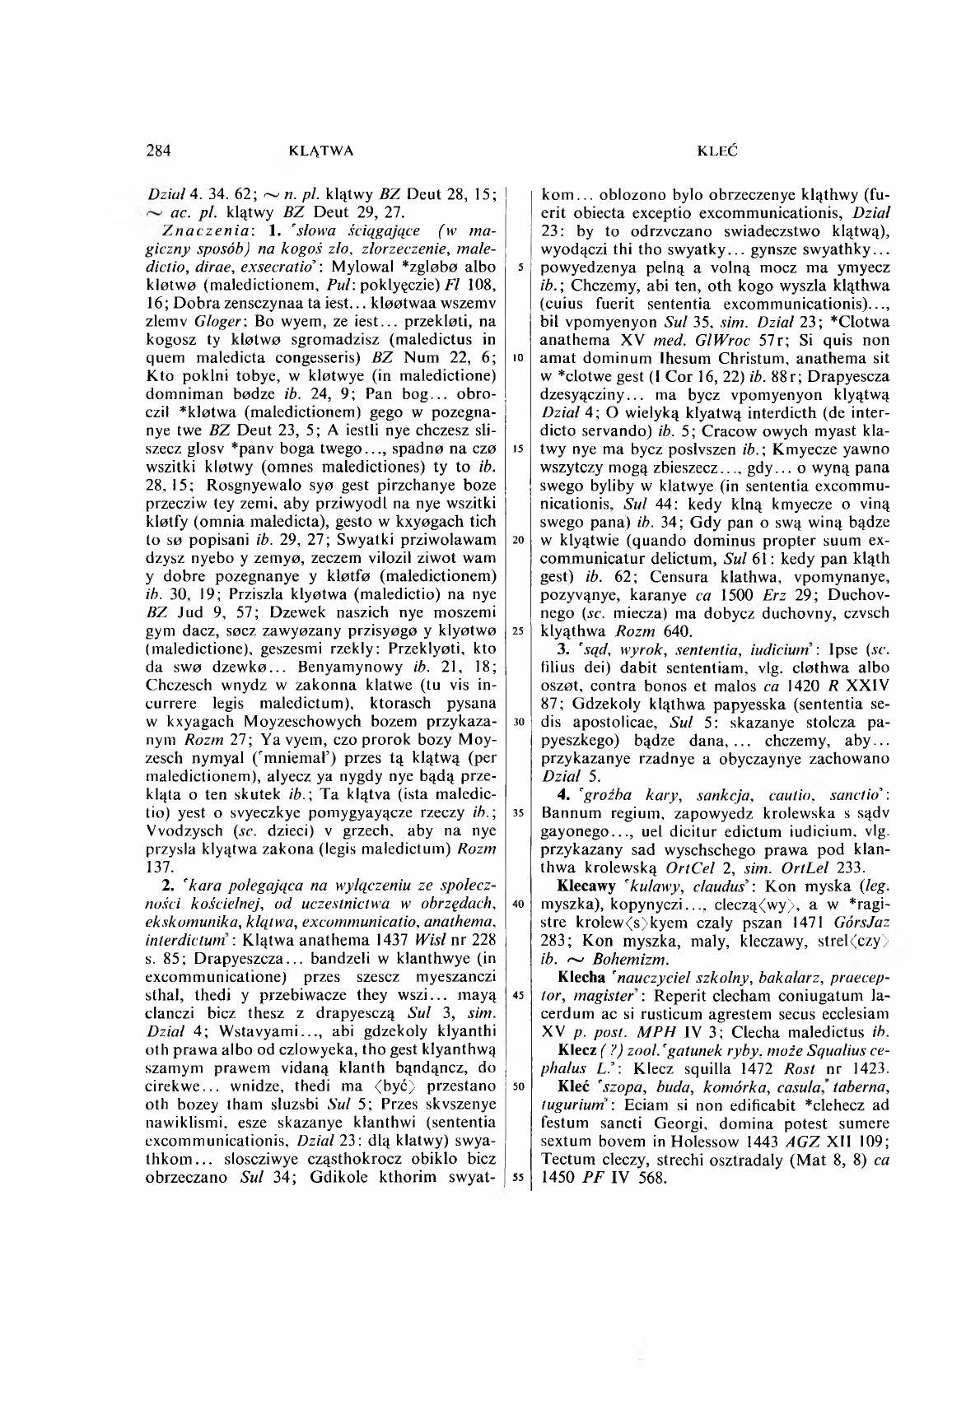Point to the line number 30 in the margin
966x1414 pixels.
pyautogui.click(x=518, y=721)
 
